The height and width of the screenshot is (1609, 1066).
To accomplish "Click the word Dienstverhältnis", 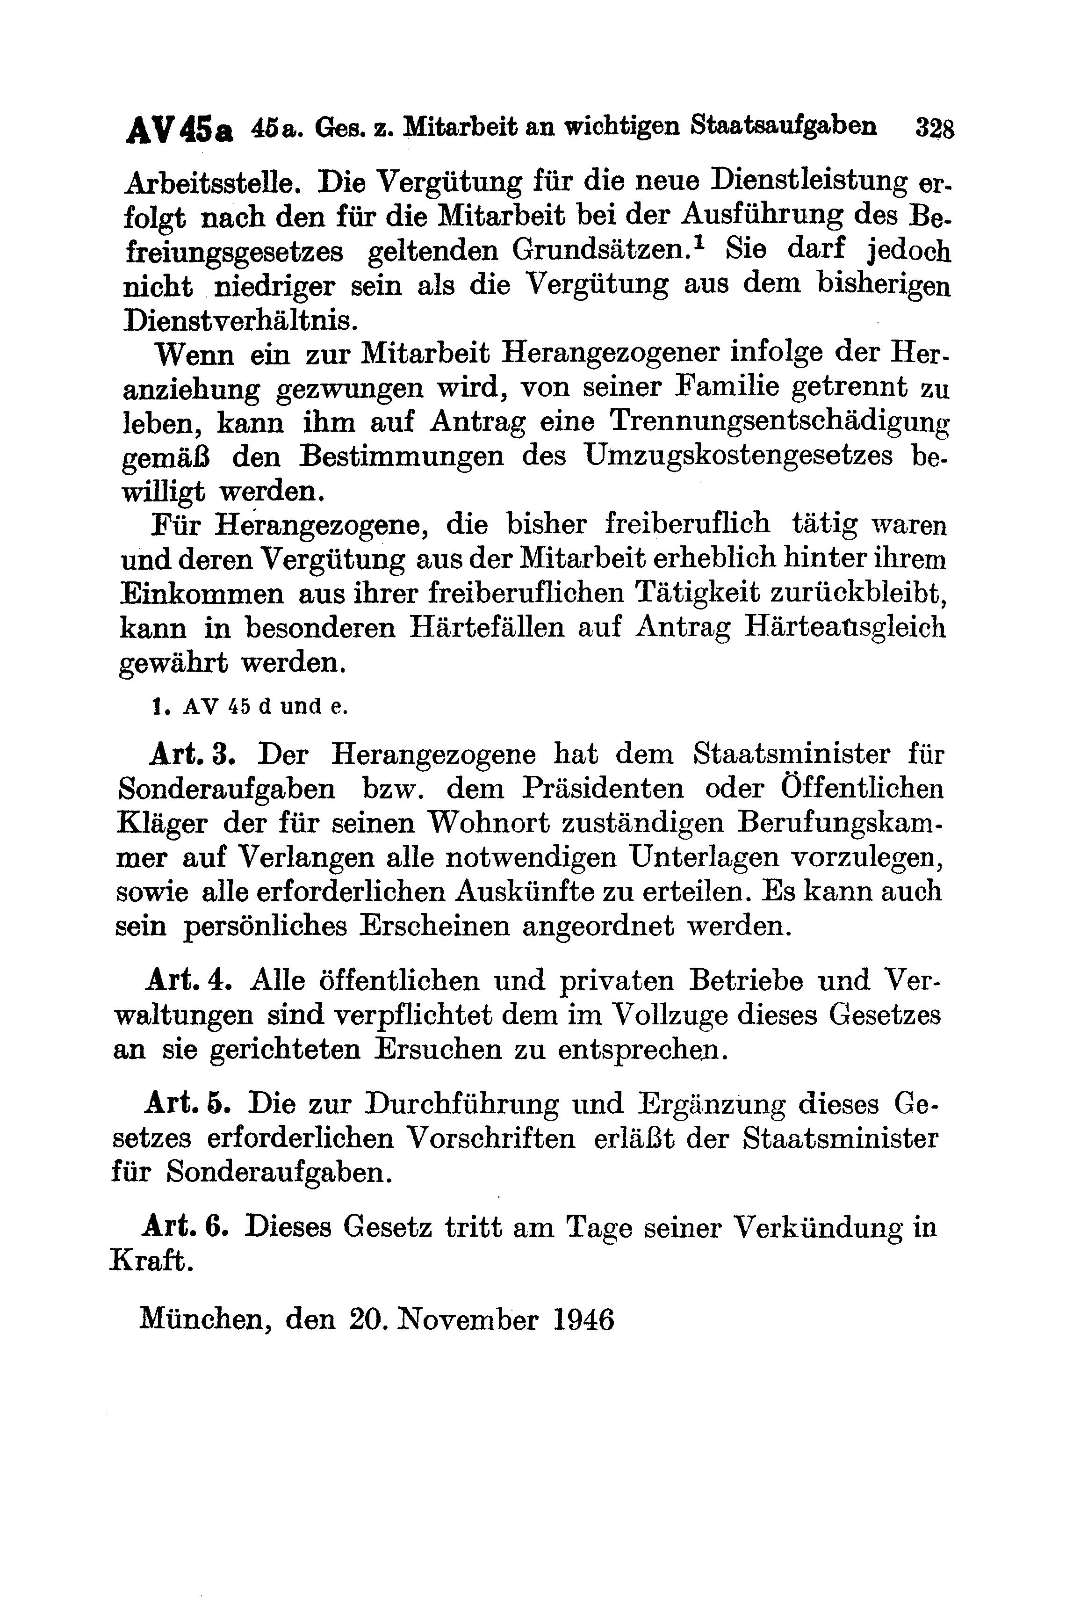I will coord(240,319).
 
